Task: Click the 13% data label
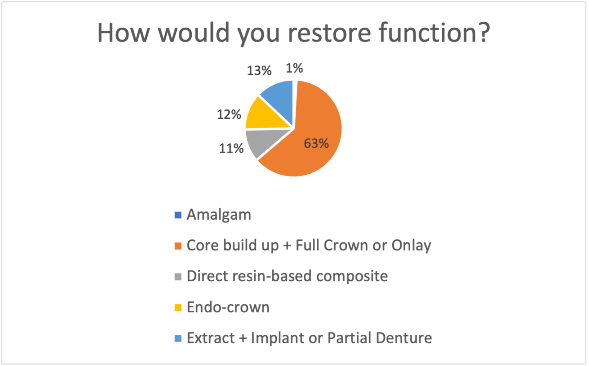click(259, 71)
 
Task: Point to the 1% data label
click(294, 68)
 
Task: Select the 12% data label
click(229, 114)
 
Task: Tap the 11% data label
click(231, 149)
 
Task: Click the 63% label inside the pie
click(316, 144)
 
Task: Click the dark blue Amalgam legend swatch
click(178, 215)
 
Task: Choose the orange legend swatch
click(178, 246)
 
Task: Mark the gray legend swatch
click(178, 277)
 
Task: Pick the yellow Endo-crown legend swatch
click(178, 308)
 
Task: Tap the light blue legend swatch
click(178, 338)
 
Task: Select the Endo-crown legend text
click(228, 307)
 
